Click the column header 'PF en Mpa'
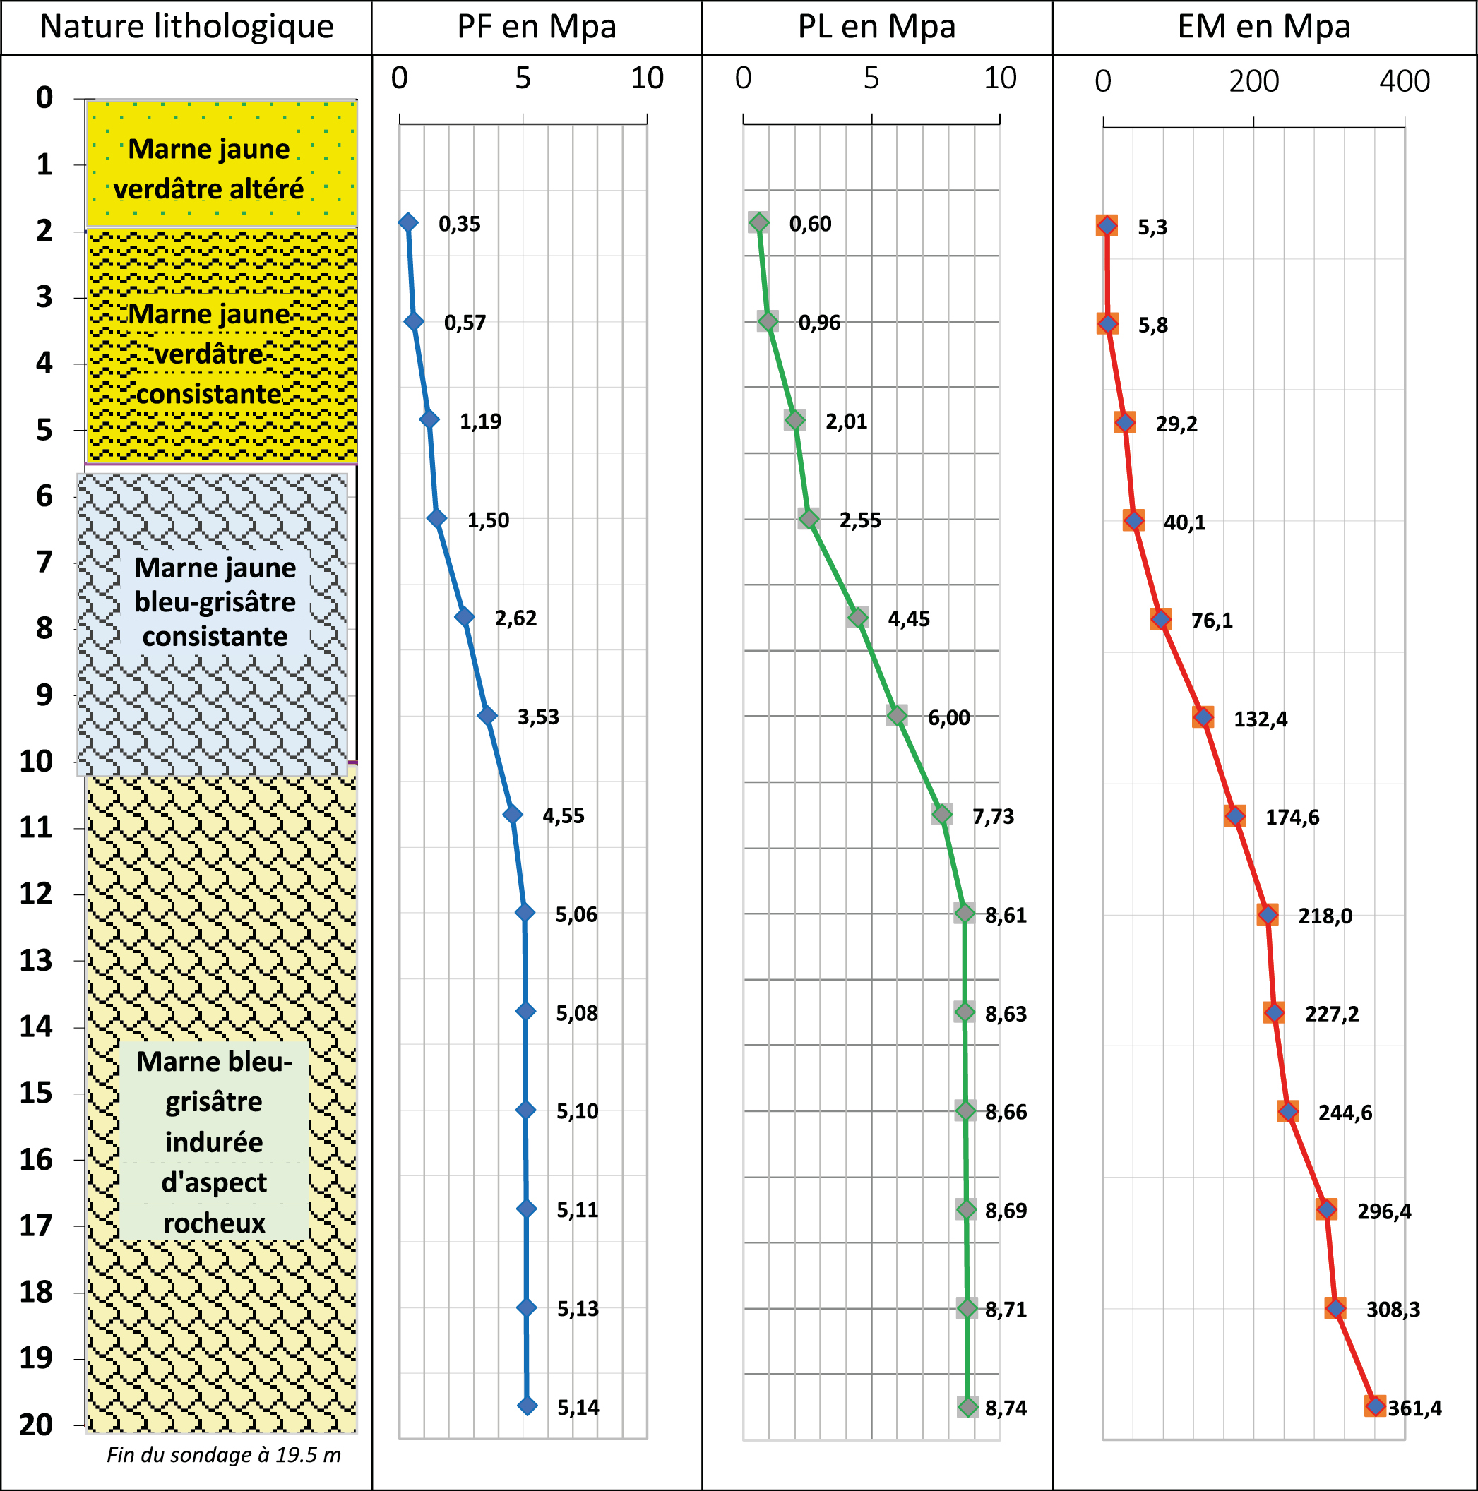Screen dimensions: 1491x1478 coord(537,27)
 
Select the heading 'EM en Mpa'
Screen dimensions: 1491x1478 coord(1263,27)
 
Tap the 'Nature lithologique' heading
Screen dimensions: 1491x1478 coord(186,27)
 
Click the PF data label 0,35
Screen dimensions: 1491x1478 coord(459,224)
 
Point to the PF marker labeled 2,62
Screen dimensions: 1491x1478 coord(464,616)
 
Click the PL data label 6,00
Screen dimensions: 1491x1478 coord(948,718)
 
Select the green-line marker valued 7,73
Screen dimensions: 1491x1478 coord(941,813)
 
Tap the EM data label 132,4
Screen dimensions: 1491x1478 coord(1261,719)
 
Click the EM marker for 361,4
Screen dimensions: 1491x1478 coord(1375,1406)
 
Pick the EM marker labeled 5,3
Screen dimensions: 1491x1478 coord(1107,225)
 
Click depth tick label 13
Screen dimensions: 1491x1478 coord(36,961)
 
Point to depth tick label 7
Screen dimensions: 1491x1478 coord(44,562)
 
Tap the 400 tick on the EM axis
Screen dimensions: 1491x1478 coord(1404,81)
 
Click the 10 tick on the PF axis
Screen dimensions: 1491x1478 coord(647,78)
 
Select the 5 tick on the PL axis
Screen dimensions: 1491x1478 coord(871,78)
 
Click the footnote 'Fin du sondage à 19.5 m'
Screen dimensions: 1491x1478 coord(223,1455)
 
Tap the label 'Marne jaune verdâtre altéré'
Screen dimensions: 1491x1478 coord(209,169)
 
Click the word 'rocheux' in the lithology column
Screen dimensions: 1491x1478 coord(214,1223)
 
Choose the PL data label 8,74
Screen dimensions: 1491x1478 coord(1006,1408)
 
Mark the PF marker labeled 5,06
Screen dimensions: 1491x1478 coord(525,912)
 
